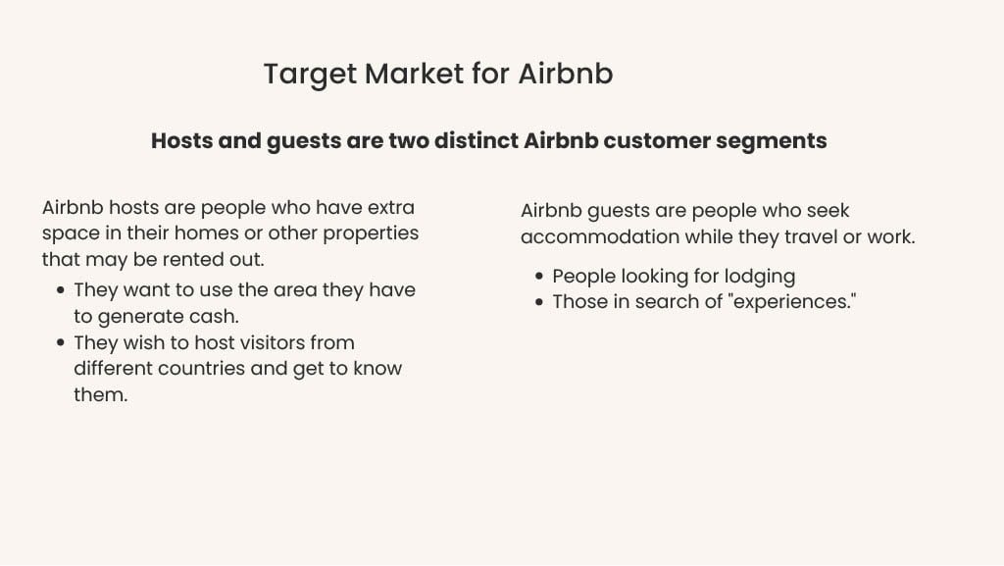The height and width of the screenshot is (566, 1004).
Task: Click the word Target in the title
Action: coord(310,75)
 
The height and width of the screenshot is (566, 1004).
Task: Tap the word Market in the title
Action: coord(415,73)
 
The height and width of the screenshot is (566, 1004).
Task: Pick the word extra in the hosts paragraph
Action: coord(390,207)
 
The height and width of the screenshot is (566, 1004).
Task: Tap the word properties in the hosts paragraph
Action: coord(370,233)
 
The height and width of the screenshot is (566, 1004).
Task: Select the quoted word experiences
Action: coord(792,302)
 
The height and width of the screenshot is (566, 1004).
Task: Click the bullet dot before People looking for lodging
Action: coord(539,277)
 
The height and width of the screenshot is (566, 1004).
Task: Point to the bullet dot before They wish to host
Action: coord(61,342)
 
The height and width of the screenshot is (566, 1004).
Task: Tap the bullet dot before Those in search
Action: coord(539,302)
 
